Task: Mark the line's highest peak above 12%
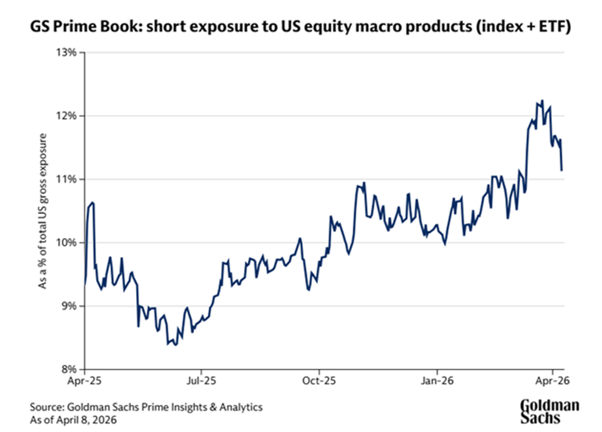click(542, 101)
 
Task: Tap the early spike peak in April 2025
click(92, 202)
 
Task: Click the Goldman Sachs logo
click(549, 412)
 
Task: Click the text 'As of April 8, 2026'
click(75, 420)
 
